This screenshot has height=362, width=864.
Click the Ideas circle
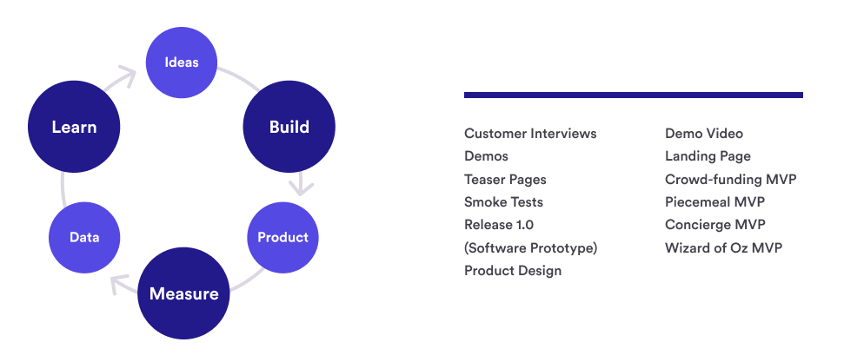point(182,63)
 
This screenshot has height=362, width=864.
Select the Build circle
point(289,127)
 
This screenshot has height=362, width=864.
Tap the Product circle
point(282,238)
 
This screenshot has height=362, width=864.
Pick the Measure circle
point(183,293)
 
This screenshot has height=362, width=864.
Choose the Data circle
point(84,238)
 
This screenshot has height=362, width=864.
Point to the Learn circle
point(74,127)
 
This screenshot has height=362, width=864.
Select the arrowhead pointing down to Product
point(302,187)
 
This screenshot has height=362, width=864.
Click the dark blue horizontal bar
point(634,95)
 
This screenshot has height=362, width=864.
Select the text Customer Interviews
point(530,133)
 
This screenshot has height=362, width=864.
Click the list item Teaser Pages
point(505,180)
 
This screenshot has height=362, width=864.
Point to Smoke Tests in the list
point(503,202)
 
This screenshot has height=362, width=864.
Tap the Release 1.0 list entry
point(499,225)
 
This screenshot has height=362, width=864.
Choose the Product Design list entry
point(513,271)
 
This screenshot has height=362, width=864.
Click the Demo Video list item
point(704,133)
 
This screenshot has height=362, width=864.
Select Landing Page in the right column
point(708,156)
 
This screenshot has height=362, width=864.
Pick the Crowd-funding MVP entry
point(731,180)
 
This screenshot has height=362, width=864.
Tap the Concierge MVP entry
point(715,225)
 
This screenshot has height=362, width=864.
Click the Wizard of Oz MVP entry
point(723,247)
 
